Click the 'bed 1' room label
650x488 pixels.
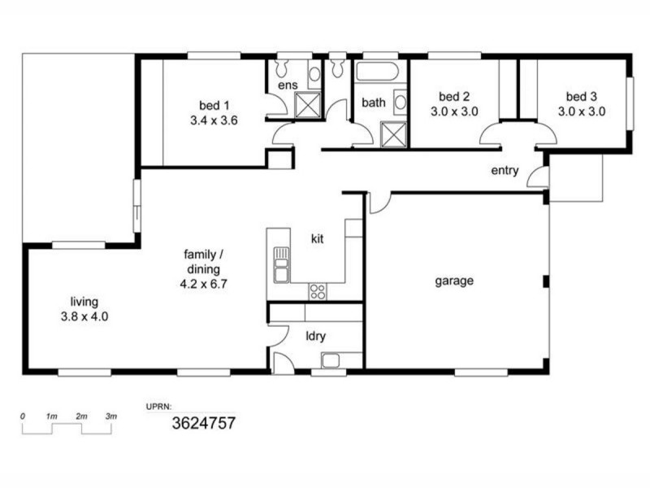coord(214,105)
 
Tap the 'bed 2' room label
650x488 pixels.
coord(453,95)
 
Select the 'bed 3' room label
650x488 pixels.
coord(581,95)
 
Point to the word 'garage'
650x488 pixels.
coord(453,281)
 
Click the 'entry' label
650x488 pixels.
coord(504,171)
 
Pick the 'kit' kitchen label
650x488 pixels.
coord(318,239)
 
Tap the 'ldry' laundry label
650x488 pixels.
coord(316,335)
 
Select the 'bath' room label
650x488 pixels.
coord(374,103)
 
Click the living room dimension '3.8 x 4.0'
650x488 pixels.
coord(84,316)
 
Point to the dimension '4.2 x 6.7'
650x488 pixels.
coord(203,284)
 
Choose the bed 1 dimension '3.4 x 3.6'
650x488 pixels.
coord(214,119)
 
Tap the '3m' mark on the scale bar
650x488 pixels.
coord(111,416)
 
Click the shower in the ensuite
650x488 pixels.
coord(307,105)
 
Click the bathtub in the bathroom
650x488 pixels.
coord(377,71)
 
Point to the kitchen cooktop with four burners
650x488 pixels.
coord(317,291)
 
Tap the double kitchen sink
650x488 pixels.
coord(281,264)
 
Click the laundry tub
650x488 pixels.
coord(332,360)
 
